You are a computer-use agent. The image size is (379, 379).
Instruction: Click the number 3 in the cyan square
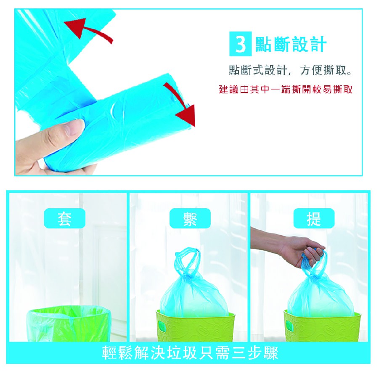[x=240, y=44]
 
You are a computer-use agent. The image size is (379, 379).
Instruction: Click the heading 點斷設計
[x=291, y=44]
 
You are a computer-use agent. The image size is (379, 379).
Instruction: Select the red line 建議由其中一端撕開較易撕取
[x=286, y=90]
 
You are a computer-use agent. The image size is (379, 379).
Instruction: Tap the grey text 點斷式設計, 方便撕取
[x=290, y=70]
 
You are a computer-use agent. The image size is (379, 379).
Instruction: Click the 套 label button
[x=64, y=218]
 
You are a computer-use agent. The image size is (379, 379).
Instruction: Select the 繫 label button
[x=190, y=218]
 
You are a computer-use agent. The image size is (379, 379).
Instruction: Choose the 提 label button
[x=314, y=218]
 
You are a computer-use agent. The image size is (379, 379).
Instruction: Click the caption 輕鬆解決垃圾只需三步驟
[x=190, y=352]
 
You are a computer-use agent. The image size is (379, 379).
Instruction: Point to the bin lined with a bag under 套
[x=69, y=323]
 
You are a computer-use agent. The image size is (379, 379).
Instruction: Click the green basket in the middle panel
[x=195, y=327]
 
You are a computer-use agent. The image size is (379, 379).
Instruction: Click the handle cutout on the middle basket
[x=161, y=325]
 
